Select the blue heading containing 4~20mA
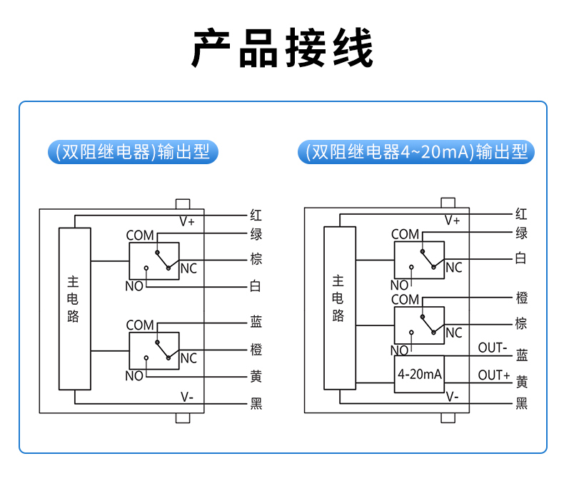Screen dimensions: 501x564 [416, 153]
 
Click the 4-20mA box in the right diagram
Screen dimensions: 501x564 [420, 374]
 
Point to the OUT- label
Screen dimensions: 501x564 [493, 348]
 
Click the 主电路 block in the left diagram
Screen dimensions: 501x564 [74, 308]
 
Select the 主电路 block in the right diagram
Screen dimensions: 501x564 [339, 308]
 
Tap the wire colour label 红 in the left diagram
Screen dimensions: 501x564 [256, 215]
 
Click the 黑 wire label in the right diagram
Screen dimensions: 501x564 [522, 404]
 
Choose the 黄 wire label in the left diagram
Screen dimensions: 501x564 [256, 376]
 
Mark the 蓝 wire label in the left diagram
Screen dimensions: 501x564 [256, 323]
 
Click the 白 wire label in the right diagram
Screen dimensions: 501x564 [522, 258]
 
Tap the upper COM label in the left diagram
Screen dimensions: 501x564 [140, 236]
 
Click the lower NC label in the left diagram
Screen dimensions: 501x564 [188, 358]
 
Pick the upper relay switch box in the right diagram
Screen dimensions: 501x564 [419, 260]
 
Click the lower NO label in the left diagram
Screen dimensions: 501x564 [134, 376]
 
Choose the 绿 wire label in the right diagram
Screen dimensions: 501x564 [522, 233]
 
